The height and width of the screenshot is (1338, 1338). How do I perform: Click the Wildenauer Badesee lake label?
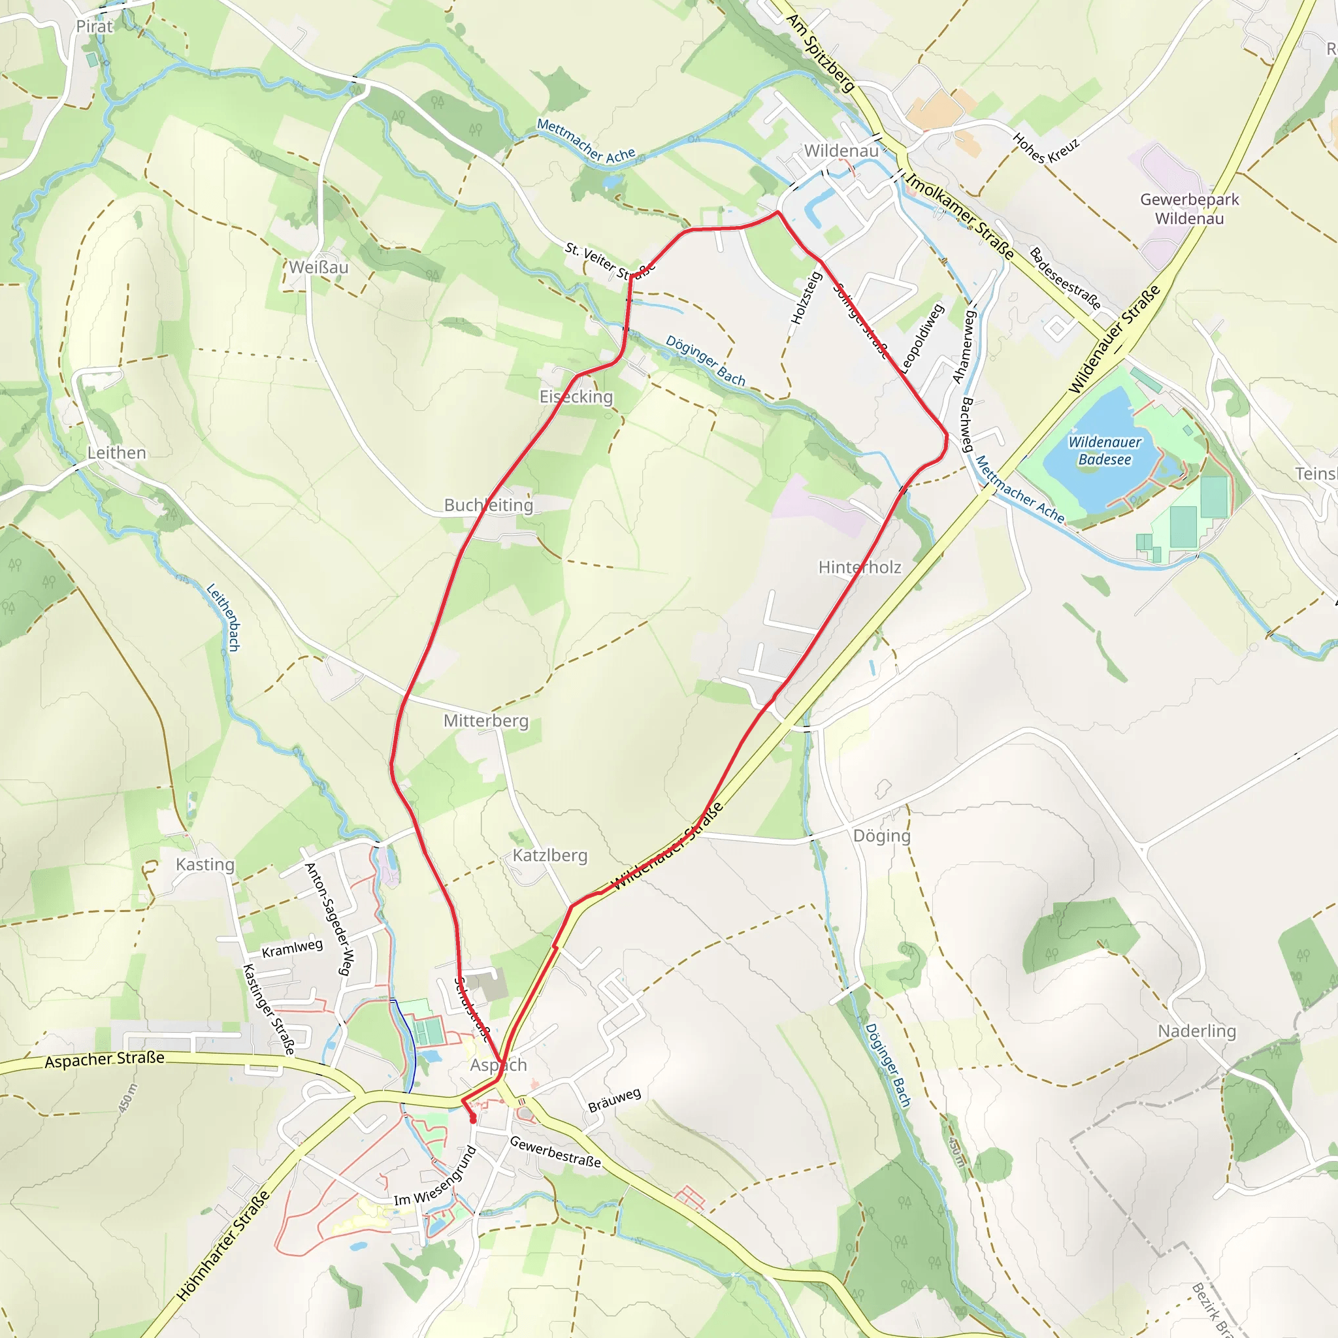[x=1105, y=451]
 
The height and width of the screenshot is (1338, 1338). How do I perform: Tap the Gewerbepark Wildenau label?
[x=1189, y=208]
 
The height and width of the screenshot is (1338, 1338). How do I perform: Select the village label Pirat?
[x=94, y=26]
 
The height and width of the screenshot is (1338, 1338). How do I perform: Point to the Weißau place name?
[x=319, y=267]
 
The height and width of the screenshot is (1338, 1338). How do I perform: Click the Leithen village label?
[x=116, y=453]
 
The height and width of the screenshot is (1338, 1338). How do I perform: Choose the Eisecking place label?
[x=576, y=397]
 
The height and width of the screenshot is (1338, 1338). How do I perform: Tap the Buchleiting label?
[x=489, y=505]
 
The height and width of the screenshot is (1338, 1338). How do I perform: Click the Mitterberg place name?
[x=485, y=721]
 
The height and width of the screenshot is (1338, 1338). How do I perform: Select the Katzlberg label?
[x=550, y=855]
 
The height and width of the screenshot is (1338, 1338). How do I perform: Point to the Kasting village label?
[x=205, y=864]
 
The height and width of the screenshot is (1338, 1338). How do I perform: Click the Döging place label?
[x=881, y=836]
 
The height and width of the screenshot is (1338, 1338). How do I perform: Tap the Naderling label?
[x=1197, y=1031]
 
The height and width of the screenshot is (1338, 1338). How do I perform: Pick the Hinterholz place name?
[x=860, y=567]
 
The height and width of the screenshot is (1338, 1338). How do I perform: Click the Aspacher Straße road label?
[x=105, y=1060]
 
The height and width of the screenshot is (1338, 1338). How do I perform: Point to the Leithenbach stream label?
[x=223, y=617]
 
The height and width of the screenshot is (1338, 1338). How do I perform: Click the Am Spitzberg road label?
[x=821, y=53]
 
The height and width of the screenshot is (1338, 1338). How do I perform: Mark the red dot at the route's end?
[x=473, y=1120]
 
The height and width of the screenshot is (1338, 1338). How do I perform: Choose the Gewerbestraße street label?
[x=555, y=1152]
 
